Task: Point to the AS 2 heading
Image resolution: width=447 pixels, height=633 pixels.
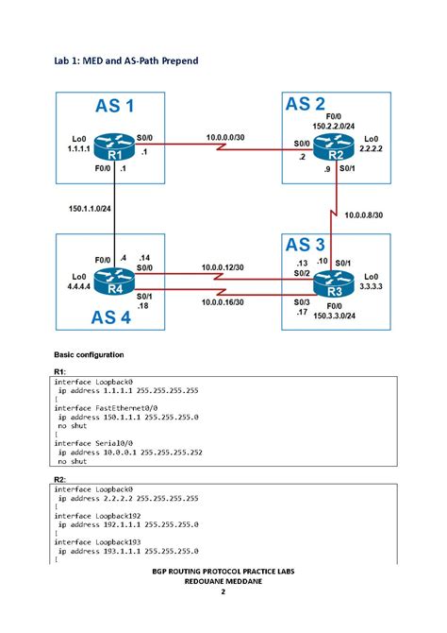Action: coord(305,104)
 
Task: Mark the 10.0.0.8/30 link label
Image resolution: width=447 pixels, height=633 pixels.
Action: coord(363,215)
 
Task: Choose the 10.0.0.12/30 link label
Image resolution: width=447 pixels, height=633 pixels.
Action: coord(224,268)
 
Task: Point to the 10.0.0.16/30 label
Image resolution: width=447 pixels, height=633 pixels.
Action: coord(224,302)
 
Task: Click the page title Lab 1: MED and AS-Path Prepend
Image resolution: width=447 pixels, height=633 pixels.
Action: coord(125,61)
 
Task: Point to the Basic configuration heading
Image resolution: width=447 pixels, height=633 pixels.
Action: coord(89,353)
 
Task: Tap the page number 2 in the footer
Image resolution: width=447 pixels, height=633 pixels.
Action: coord(223,592)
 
